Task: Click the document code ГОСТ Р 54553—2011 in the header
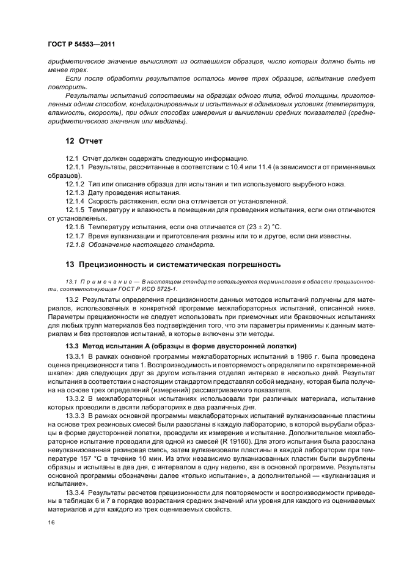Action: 81,45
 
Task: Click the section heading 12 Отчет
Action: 84,141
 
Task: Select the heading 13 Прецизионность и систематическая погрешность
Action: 173,265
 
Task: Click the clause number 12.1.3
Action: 75,193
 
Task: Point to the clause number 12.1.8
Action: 75,244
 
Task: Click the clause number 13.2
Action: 72,299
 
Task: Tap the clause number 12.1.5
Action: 75,210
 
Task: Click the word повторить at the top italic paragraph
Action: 63,87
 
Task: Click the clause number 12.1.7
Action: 75,236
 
